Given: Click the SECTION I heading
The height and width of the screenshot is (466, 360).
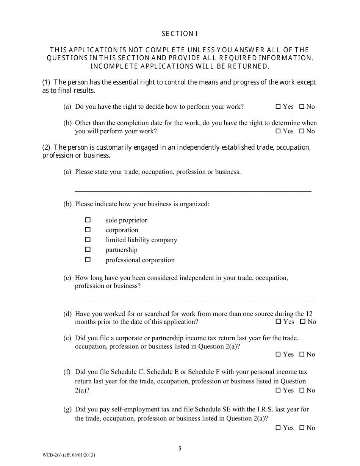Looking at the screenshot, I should [x=180, y=34].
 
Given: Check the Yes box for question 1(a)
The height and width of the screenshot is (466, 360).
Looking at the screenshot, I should [x=278, y=107].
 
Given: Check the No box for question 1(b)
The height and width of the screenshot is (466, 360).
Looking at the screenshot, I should [x=302, y=131].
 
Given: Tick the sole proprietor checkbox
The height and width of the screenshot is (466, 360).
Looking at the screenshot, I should [x=88, y=220].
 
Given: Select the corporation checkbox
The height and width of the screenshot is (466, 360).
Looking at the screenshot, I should [x=88, y=230].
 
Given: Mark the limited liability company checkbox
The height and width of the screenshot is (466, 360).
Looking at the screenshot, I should [x=88, y=239].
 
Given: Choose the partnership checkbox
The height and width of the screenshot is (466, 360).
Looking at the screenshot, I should [x=88, y=249].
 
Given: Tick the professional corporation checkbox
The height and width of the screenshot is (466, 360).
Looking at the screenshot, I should [x=88, y=260].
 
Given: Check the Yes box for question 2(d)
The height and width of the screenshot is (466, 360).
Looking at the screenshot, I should [x=279, y=322].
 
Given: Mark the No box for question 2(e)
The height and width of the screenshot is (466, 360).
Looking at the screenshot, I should [x=302, y=355].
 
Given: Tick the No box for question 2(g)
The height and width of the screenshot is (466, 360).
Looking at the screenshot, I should [x=302, y=428].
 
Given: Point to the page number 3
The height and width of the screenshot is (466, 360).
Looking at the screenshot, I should [x=180, y=449].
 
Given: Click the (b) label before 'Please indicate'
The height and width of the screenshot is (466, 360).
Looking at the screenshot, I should [x=67, y=204].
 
